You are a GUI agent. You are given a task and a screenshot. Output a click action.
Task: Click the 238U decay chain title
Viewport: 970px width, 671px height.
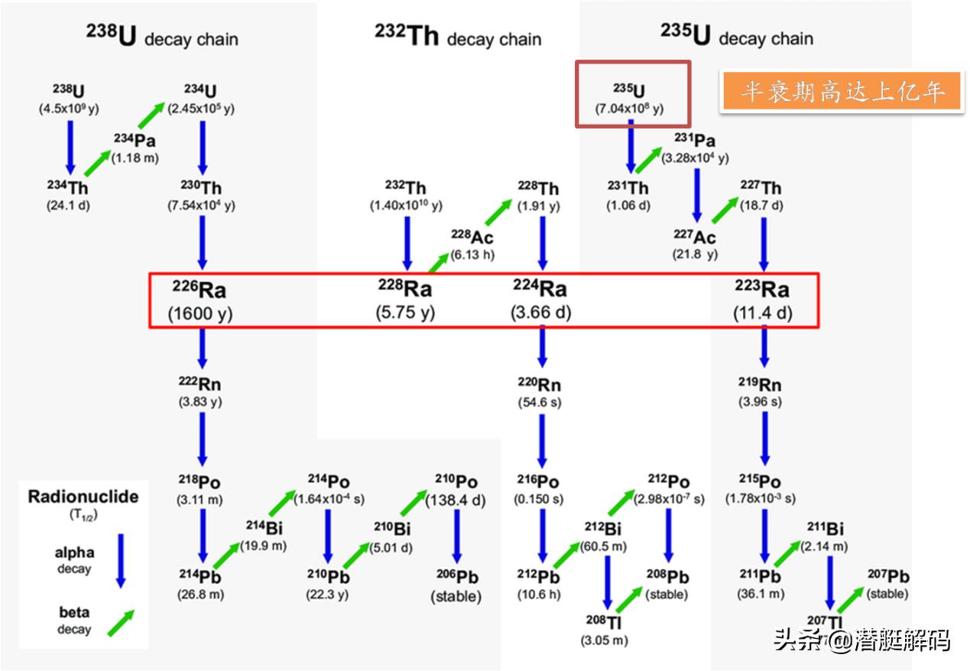[161, 37]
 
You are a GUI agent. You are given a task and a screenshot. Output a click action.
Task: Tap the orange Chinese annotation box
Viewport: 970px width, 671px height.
[841, 92]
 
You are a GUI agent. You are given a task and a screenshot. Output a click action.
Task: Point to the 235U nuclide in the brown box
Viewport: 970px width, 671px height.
[629, 91]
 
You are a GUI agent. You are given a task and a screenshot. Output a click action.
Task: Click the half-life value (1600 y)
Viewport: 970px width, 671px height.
[200, 313]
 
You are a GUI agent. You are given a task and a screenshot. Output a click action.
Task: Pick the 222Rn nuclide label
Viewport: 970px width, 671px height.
[201, 384]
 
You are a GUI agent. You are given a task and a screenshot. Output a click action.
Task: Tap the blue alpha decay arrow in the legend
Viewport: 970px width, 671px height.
[120, 561]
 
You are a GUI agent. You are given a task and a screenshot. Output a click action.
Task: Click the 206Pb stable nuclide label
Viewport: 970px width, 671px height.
[456, 577]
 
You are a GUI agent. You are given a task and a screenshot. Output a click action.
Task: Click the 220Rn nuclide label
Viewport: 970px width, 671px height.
[541, 384]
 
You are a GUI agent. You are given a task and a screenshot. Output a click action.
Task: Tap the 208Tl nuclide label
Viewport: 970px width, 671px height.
[604, 621]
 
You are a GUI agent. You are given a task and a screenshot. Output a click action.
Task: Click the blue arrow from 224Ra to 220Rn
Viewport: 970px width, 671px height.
[542, 345]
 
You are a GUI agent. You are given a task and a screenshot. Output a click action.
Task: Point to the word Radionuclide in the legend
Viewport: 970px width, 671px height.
[83, 497]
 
